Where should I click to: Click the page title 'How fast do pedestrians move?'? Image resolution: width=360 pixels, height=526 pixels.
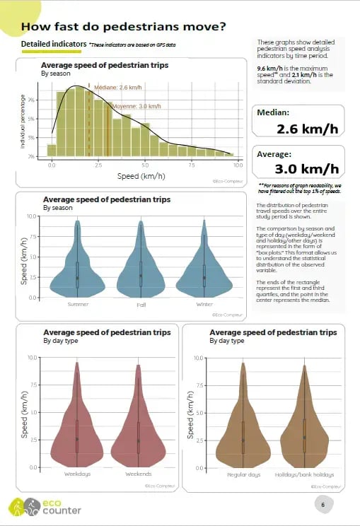(x=124, y=28)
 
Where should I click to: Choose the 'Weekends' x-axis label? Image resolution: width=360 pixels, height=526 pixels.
(x=139, y=474)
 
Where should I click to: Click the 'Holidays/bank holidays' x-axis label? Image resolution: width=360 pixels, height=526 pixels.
(x=305, y=474)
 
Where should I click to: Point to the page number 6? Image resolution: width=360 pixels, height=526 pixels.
(x=323, y=505)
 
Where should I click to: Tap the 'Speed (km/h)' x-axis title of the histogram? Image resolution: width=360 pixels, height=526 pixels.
(x=142, y=175)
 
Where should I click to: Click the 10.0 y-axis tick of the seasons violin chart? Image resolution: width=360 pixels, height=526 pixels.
(x=31, y=216)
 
